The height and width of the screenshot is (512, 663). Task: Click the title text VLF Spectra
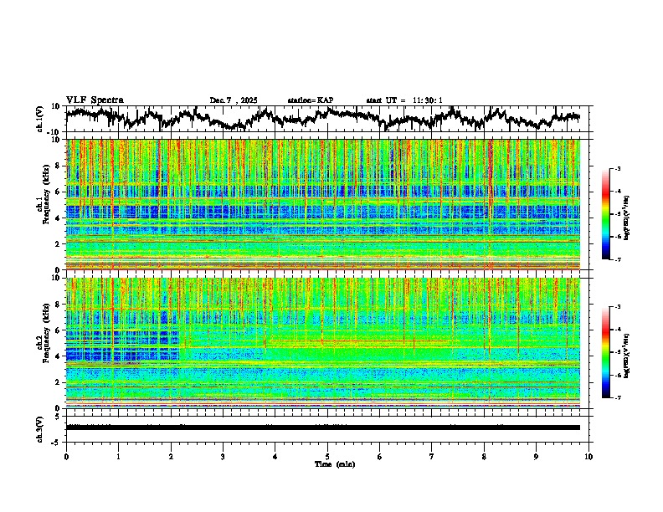[95, 100]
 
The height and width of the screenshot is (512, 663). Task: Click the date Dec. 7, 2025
[236, 100]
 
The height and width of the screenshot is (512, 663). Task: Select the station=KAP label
[310, 100]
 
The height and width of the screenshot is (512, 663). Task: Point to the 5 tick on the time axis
[327, 456]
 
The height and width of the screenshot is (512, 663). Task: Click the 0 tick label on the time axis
[66, 456]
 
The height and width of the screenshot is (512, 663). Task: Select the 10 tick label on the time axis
[588, 456]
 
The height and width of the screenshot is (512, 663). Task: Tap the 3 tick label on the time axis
[223, 456]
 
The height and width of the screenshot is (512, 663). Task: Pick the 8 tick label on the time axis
[484, 456]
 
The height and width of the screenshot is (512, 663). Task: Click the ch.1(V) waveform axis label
[40, 119]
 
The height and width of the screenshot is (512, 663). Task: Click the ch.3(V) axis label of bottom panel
[40, 427]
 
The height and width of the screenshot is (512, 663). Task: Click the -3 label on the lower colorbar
[617, 307]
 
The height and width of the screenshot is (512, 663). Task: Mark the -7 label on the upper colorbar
[617, 259]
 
